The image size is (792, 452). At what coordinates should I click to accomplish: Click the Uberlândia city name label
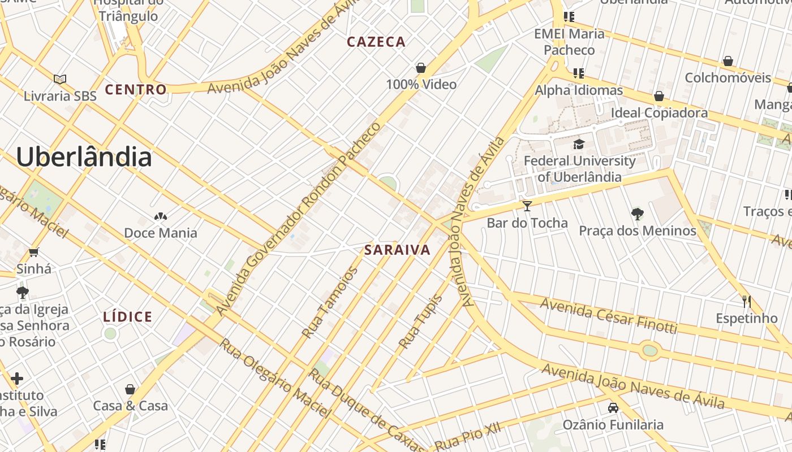click(84, 157)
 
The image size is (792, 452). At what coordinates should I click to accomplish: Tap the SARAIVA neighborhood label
click(397, 250)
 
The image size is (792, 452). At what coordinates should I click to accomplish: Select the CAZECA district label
click(376, 42)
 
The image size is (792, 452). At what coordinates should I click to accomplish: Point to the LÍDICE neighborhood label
click(128, 317)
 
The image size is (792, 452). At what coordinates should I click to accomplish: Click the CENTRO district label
click(136, 89)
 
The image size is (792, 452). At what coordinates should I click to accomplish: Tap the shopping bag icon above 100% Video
click(421, 68)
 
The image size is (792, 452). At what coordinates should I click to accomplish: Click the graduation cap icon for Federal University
click(579, 144)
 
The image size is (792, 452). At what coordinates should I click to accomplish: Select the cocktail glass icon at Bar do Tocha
click(527, 206)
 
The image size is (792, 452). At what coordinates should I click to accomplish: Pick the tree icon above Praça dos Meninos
click(638, 214)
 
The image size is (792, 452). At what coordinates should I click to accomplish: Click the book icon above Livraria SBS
click(60, 79)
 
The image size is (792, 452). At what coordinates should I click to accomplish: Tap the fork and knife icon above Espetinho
click(747, 301)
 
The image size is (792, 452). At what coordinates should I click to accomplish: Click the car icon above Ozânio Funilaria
click(613, 407)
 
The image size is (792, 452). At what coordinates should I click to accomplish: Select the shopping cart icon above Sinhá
click(34, 252)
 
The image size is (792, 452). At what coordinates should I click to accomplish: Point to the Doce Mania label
click(161, 233)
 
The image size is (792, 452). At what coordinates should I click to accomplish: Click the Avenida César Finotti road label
click(608, 315)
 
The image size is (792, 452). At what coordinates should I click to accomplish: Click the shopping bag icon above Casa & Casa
click(131, 389)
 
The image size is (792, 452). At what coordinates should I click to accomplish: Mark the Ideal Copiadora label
click(659, 113)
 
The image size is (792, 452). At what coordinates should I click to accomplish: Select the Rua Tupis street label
click(420, 321)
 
